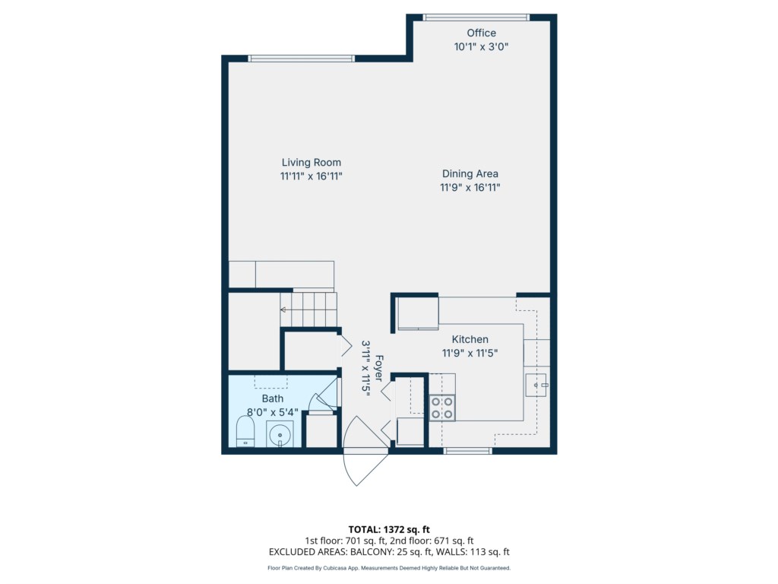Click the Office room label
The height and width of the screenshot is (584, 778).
pyautogui.click(x=481, y=33)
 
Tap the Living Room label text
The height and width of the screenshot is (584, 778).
pyautogui.click(x=311, y=163)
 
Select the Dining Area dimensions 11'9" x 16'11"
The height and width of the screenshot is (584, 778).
pyautogui.click(x=470, y=187)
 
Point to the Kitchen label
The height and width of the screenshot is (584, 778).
pyautogui.click(x=470, y=339)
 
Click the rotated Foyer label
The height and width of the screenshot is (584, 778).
pyautogui.click(x=379, y=368)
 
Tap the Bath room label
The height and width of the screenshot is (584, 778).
pyautogui.click(x=273, y=398)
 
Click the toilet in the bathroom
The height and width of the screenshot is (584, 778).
pyautogui.click(x=245, y=431)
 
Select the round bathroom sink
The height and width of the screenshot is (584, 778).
pyautogui.click(x=280, y=435)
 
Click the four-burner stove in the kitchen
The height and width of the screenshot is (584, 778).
pyautogui.click(x=441, y=408)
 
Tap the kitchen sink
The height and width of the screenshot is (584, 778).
pyautogui.click(x=536, y=385)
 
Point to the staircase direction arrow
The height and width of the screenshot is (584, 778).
pyautogui.click(x=283, y=310)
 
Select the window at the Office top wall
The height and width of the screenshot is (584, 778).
pyautogui.click(x=476, y=17)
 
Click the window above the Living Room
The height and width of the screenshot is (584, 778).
pyautogui.click(x=301, y=59)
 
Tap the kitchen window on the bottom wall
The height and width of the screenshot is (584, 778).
pyautogui.click(x=467, y=451)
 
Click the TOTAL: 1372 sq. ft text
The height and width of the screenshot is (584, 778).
pyautogui.click(x=389, y=529)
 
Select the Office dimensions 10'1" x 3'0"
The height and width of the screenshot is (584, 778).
pyautogui.click(x=481, y=46)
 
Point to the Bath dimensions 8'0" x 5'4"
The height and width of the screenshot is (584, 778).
pyautogui.click(x=273, y=411)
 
